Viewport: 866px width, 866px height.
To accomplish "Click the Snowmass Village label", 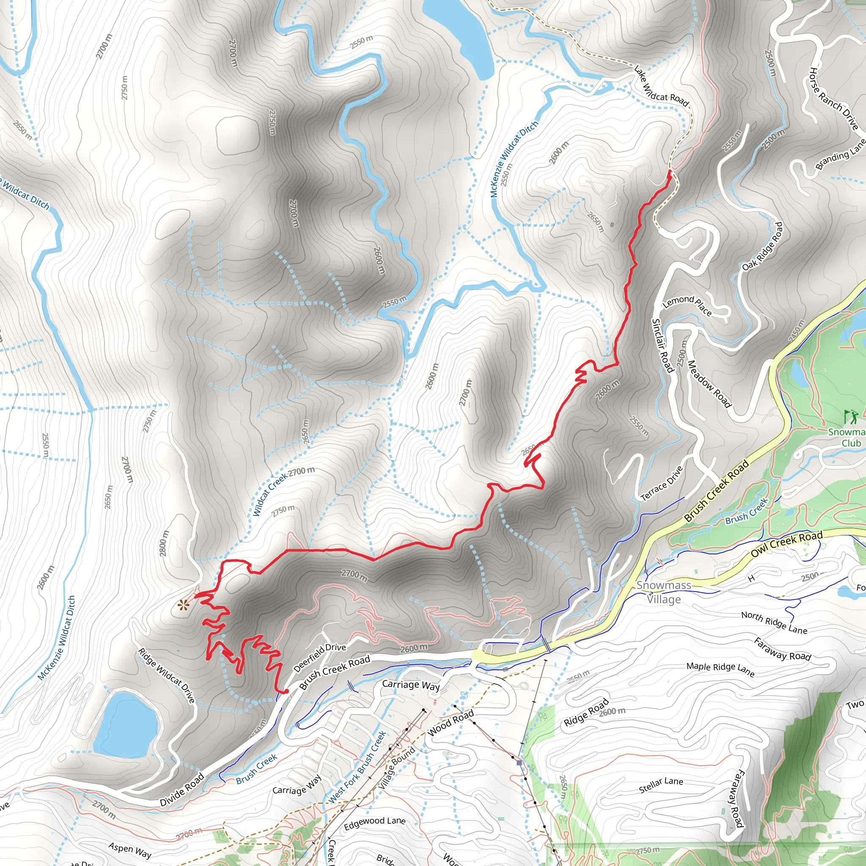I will point(664,592).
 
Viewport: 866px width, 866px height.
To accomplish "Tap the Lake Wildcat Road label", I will point(661,87).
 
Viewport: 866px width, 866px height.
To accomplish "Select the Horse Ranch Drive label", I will point(833,99).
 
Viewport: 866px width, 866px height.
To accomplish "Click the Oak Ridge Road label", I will point(762,246).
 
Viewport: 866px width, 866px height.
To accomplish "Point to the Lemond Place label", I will point(687,305).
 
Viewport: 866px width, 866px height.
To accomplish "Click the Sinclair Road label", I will point(663,345).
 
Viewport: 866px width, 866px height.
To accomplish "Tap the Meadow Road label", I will point(709,384).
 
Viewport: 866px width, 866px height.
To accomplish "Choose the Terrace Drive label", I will point(662,483).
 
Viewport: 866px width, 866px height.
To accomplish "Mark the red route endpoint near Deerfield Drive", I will point(285,692).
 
